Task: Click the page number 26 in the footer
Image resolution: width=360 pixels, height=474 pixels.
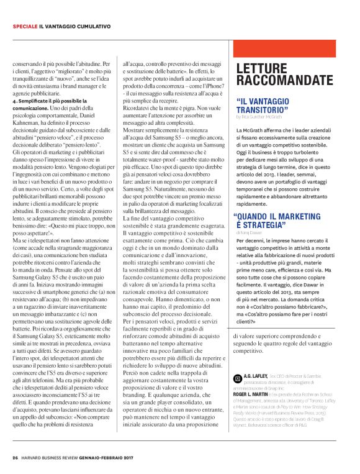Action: [x=15, y=458]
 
